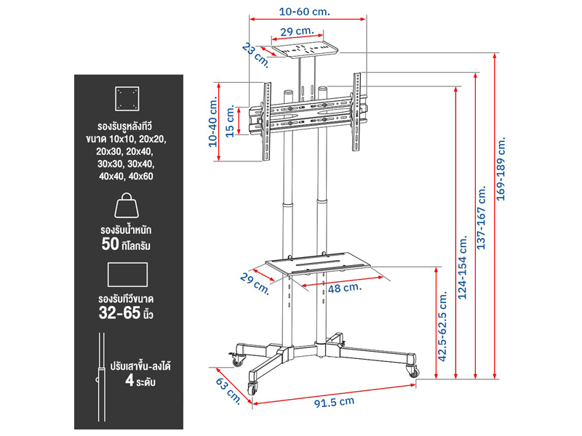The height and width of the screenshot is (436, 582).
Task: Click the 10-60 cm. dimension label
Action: pyautogui.click(x=304, y=12)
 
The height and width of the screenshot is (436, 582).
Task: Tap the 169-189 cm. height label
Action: pyautogui.click(x=501, y=169)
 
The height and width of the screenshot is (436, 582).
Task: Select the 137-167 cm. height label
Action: pyautogui.click(x=481, y=217)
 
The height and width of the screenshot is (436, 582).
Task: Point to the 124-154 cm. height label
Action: pyautogui.click(x=462, y=267)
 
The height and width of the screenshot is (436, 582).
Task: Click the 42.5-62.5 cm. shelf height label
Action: pyautogui.click(x=442, y=326)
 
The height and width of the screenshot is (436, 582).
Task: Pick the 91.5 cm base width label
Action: pyautogui.click(x=335, y=403)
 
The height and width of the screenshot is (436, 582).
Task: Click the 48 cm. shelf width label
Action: pyautogui.click(x=344, y=288)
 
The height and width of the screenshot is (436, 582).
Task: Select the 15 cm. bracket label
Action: pyautogui.click(x=230, y=121)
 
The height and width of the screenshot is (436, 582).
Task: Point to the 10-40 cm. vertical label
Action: pyautogui.click(x=212, y=122)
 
